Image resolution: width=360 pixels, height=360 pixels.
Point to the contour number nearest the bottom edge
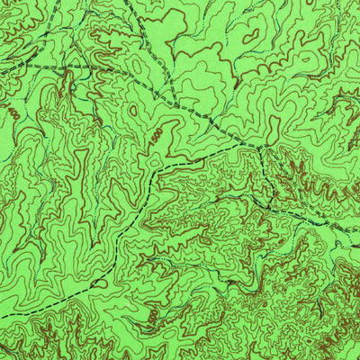[x=153, y=316]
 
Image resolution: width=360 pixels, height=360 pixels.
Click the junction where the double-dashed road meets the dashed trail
[x=260, y=147]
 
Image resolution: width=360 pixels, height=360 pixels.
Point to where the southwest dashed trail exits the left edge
[x=2, y=346]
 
